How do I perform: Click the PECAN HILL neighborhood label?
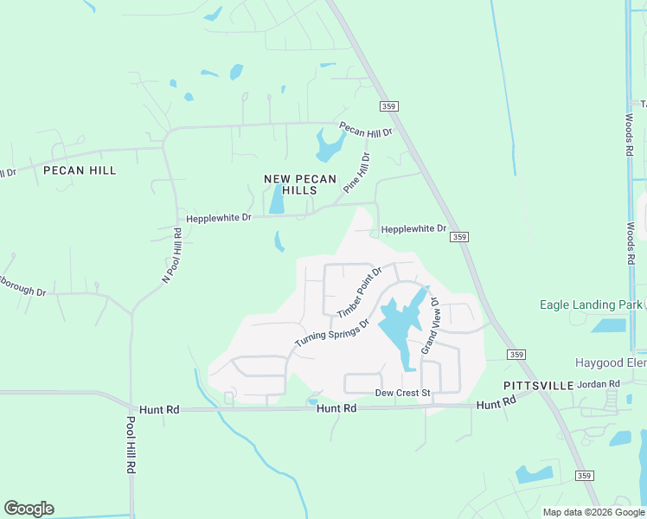(80, 170)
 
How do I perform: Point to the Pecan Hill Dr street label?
(366, 130)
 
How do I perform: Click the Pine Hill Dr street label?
(356, 172)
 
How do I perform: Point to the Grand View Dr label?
(430, 327)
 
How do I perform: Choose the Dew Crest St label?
(402, 393)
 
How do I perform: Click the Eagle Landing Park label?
(590, 304)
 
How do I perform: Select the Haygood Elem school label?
(611, 362)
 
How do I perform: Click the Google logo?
(29, 509)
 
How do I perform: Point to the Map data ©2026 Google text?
(594, 512)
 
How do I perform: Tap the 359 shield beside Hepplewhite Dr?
(461, 237)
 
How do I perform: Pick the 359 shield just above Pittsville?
(516, 355)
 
